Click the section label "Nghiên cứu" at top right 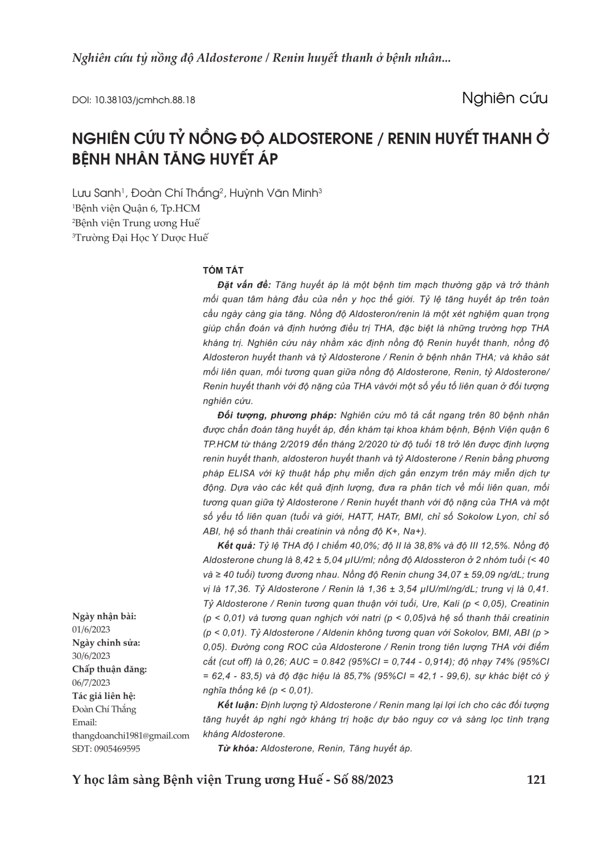click(x=505, y=98)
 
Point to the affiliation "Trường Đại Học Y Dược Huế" click(x=141, y=237)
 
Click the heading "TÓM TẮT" click(x=223, y=270)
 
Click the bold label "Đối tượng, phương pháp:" click(x=277, y=415)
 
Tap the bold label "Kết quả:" click(x=236, y=545)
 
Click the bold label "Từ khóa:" click(x=238, y=749)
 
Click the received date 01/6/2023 click(x=91, y=629)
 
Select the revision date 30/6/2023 click(x=91, y=656)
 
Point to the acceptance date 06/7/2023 click(x=91, y=683)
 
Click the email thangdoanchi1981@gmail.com click(x=131, y=736)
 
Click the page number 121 click(x=536, y=780)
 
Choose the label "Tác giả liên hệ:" click(x=104, y=696)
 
